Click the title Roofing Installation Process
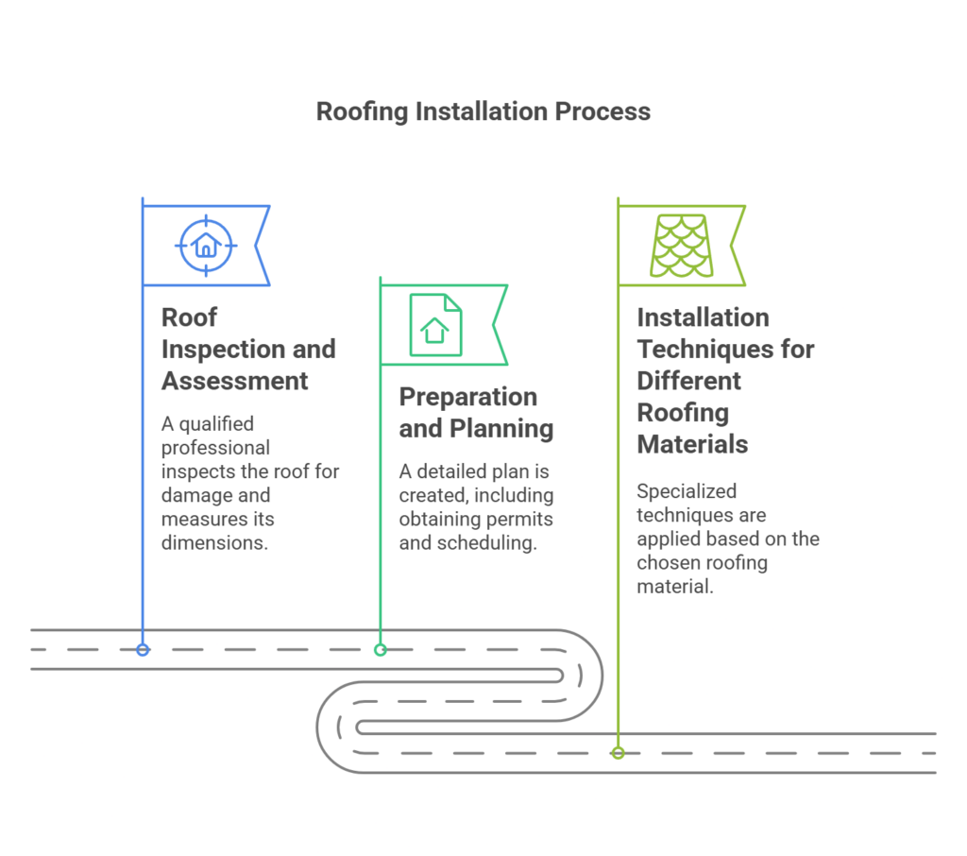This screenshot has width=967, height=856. click(x=483, y=111)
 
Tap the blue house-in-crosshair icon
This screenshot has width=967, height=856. click(x=205, y=246)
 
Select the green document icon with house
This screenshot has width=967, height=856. click(x=434, y=325)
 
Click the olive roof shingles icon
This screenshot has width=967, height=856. click(x=680, y=246)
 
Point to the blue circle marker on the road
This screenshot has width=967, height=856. click(x=143, y=650)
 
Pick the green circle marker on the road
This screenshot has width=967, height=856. click(x=381, y=650)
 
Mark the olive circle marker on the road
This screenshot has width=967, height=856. click(x=618, y=753)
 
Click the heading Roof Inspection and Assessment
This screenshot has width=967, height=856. click(x=247, y=349)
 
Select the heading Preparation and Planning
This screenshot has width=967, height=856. click(x=475, y=412)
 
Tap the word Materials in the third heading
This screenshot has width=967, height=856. click(x=692, y=443)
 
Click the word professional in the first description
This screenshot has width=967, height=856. click(x=215, y=447)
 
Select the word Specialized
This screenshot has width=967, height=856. click(x=687, y=491)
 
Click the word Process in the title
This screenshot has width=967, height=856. click(x=602, y=111)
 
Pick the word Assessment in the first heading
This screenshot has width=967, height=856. click(x=234, y=381)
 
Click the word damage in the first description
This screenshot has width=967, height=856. click(x=202, y=495)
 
